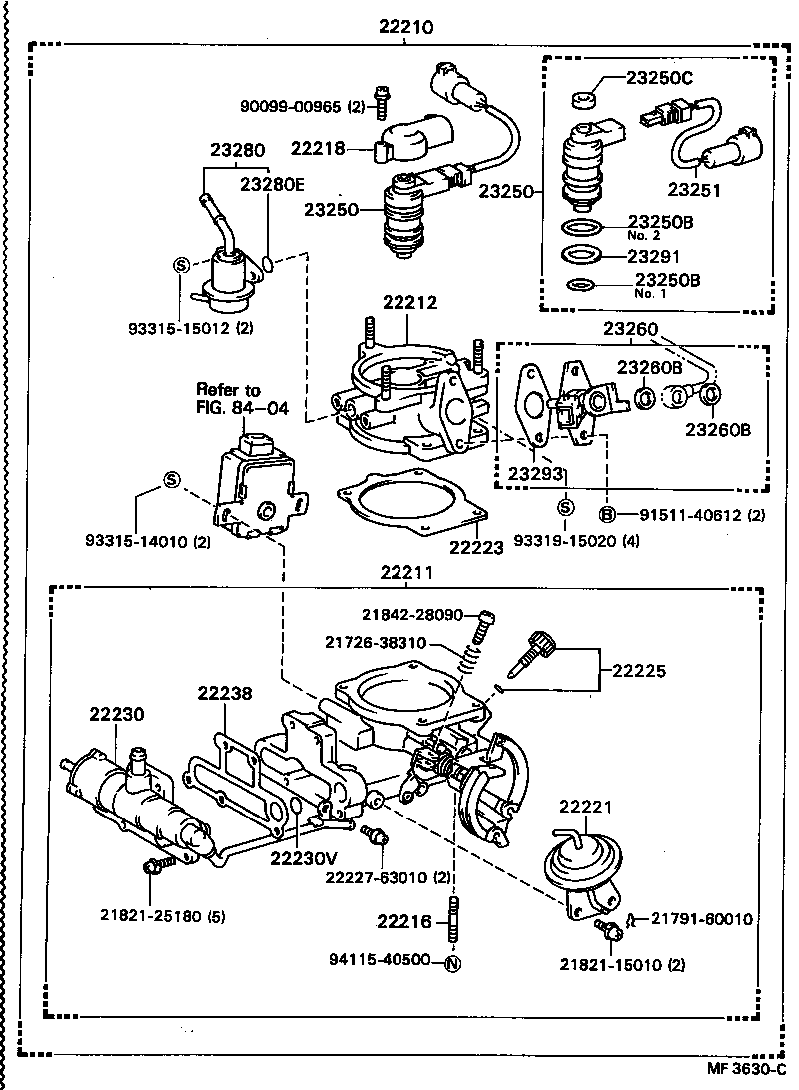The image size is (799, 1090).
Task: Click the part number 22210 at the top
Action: [x=406, y=29]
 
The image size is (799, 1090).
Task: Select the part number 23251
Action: [x=693, y=190]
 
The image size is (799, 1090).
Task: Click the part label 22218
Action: [x=318, y=148]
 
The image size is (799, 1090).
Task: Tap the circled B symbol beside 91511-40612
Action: [x=606, y=514]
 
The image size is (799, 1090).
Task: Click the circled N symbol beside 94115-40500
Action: [x=451, y=963]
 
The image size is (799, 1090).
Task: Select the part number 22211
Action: [x=405, y=573]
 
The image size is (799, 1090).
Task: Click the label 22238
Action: [x=224, y=693]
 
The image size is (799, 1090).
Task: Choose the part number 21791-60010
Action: [x=703, y=919]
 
